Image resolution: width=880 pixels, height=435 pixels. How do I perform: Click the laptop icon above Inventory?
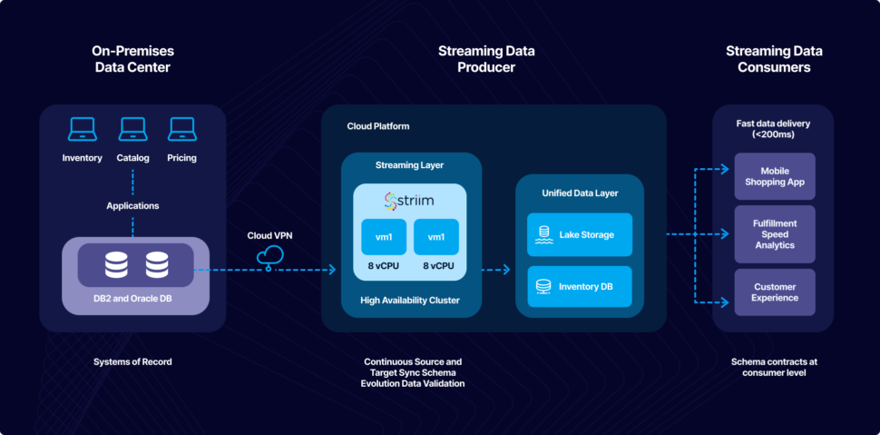(x=83, y=130)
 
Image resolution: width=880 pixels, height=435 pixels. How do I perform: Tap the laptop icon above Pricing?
(x=182, y=130)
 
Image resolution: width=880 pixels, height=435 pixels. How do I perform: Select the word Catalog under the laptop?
(x=132, y=158)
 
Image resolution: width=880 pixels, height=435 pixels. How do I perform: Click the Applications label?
(x=132, y=205)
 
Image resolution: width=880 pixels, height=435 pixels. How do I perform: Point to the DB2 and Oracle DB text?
(x=132, y=301)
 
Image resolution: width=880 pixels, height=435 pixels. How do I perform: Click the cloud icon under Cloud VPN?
(x=269, y=257)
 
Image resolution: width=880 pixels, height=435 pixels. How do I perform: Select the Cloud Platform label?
(x=378, y=126)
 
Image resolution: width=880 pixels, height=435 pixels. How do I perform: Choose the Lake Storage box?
(x=580, y=235)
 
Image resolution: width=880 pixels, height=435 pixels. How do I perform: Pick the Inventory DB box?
(x=580, y=287)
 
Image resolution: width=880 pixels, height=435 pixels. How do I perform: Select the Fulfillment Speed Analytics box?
(x=775, y=233)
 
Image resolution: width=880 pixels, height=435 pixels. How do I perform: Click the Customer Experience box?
(x=775, y=292)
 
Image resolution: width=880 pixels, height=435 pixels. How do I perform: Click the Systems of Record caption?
(x=132, y=361)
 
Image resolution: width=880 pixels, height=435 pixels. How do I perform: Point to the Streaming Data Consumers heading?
(x=774, y=59)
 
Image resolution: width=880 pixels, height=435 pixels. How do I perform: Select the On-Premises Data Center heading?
(x=132, y=59)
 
